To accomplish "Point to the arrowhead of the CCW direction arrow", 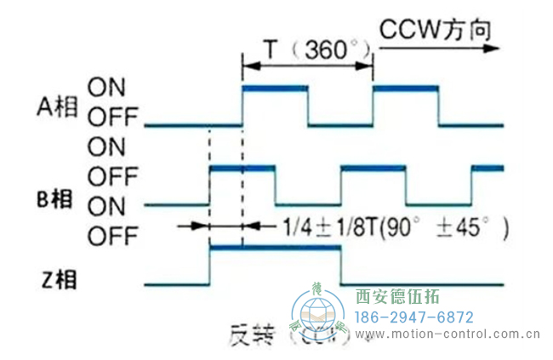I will click(493, 49).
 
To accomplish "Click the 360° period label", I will click(327, 49).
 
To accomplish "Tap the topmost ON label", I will click(109, 86).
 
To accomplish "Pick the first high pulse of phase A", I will click(275, 88).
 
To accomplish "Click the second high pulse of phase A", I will click(405, 88).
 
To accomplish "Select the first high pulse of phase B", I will click(242, 169).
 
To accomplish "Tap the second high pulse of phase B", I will click(373, 169).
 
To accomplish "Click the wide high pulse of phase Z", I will click(275, 249).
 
